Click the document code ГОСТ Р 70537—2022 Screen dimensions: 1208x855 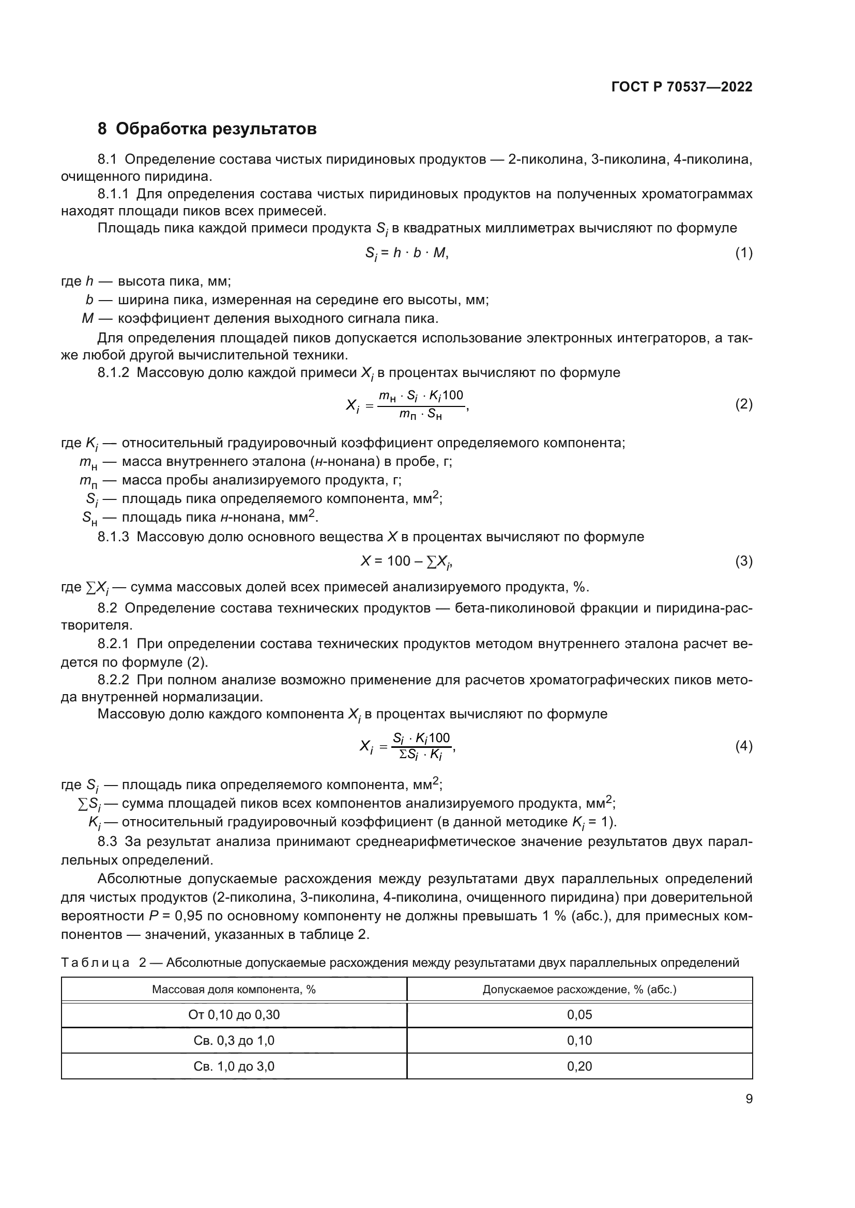(682, 87)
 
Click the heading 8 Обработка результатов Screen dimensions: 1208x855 (207, 129)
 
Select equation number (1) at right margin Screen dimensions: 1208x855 (743, 253)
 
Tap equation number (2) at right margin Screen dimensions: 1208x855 (743, 404)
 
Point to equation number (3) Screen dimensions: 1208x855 (743, 561)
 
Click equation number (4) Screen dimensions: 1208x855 (743, 746)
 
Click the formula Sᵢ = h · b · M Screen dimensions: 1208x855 (406, 254)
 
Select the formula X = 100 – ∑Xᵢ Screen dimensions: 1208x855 (406, 561)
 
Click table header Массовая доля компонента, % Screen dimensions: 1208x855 (234, 989)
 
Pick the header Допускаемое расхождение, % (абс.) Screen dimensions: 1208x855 (579, 989)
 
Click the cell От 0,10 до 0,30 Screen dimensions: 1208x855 (234, 1015)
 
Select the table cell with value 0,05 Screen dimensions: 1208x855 (579, 1015)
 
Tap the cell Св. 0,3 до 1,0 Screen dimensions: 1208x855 (234, 1041)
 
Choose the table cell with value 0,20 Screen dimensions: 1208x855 (579, 1066)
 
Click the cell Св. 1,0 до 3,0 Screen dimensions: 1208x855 (234, 1066)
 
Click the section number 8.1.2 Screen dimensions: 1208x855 (113, 373)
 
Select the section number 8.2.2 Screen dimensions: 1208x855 (113, 680)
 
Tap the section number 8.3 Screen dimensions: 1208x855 (108, 841)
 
